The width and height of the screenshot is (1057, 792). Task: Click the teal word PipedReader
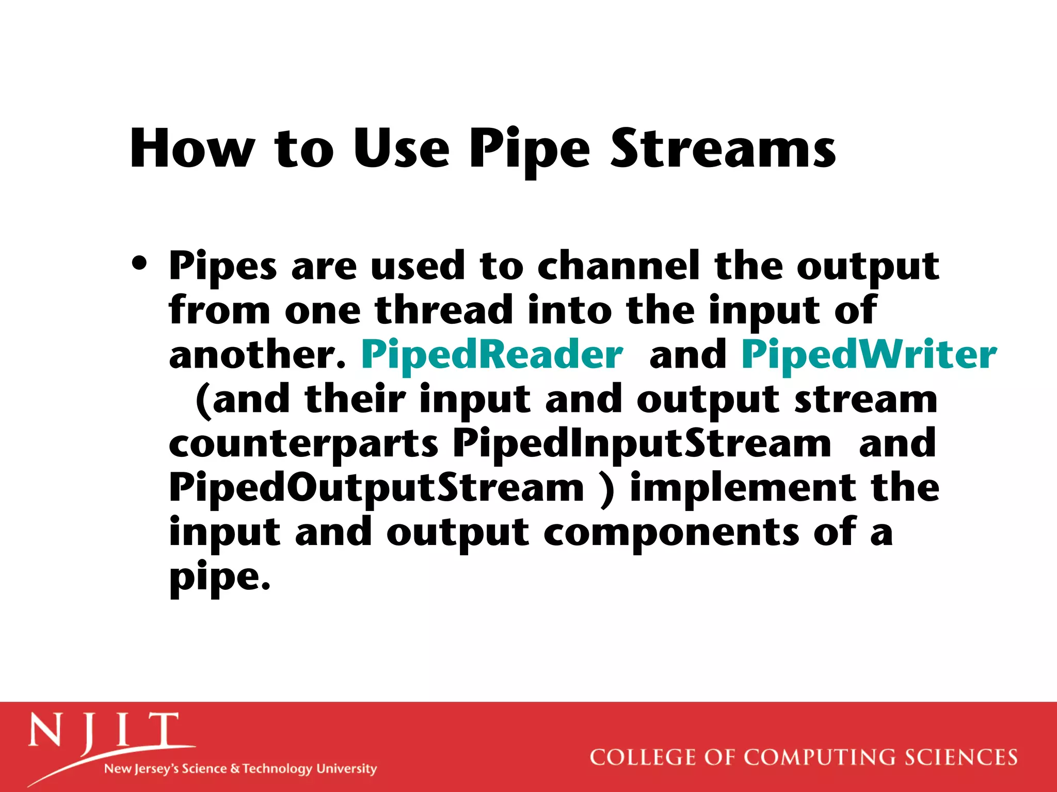(492, 355)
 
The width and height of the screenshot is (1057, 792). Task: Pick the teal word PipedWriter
(869, 355)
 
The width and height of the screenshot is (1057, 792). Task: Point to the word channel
(618, 266)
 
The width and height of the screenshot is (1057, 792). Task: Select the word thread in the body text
(443, 310)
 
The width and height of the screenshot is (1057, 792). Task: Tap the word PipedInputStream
(642, 444)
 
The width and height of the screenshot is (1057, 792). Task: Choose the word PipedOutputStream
(376, 488)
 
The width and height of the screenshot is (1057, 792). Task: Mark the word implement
(743, 488)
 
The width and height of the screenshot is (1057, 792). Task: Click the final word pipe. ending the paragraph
(220, 579)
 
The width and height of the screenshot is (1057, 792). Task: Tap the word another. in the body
(257, 355)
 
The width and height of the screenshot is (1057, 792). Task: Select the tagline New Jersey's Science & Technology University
(241, 769)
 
